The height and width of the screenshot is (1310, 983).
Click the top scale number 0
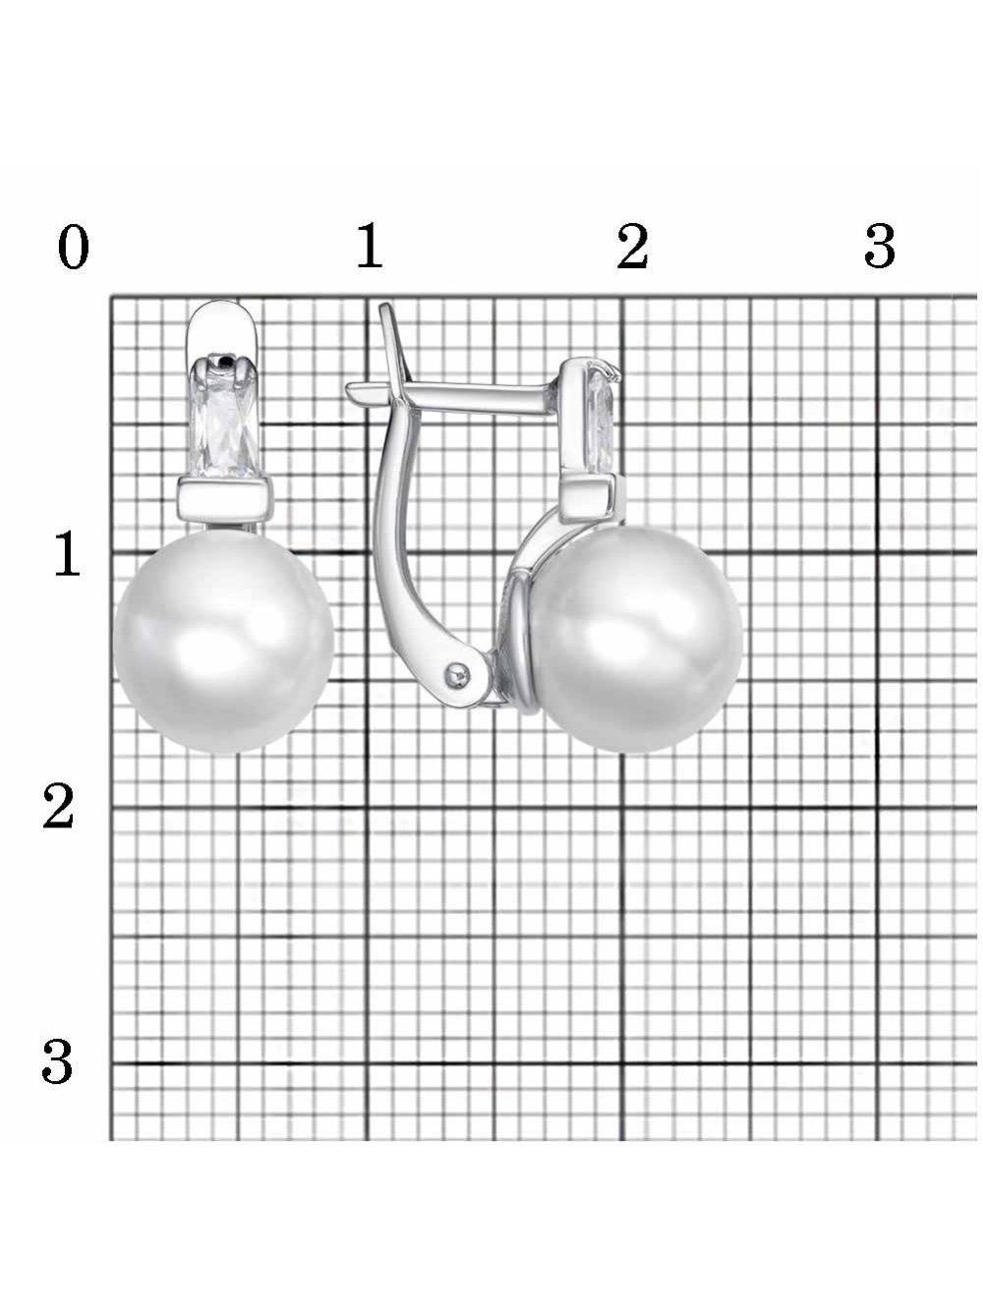point(74,247)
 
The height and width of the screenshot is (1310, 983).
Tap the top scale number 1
point(369,245)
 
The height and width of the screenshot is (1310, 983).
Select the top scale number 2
point(632,246)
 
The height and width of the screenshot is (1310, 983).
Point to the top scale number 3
point(879,246)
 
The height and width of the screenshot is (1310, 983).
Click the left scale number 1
point(67,554)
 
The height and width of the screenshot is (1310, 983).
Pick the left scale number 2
point(59,807)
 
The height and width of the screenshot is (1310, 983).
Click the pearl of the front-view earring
point(223,642)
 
